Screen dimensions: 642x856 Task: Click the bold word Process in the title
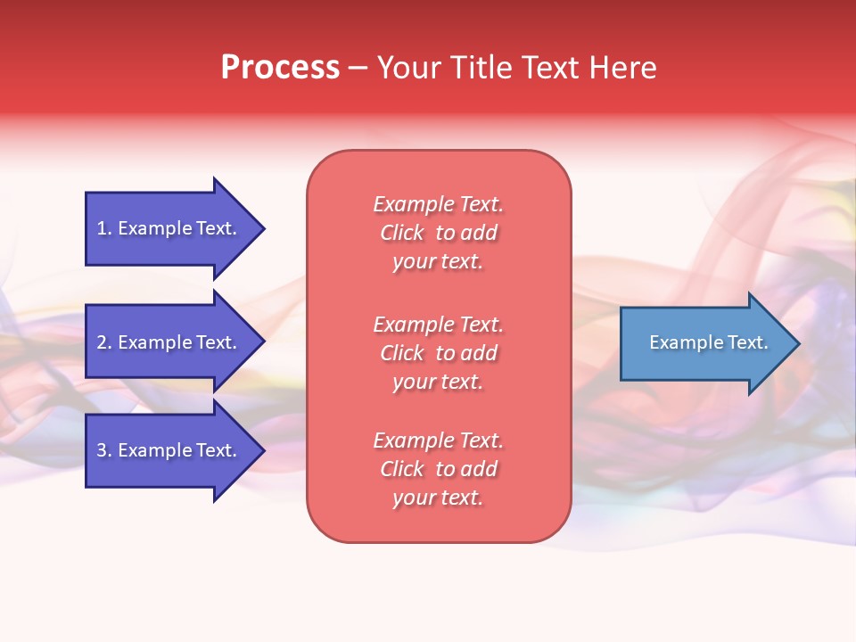click(280, 68)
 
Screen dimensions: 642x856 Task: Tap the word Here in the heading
click(622, 68)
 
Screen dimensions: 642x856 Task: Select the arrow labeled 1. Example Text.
click(169, 228)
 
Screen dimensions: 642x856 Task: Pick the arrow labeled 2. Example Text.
click(169, 342)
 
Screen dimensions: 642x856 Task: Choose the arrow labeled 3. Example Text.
click(169, 450)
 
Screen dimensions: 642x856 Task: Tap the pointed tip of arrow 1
click(262, 228)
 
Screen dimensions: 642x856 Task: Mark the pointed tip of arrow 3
click(262, 450)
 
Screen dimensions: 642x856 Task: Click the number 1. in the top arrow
click(104, 228)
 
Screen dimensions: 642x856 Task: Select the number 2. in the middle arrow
click(104, 342)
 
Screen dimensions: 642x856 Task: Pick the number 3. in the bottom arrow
click(104, 450)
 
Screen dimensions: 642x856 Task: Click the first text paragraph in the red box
click(438, 233)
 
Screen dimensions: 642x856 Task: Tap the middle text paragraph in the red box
click(438, 353)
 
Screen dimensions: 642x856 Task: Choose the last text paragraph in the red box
click(438, 469)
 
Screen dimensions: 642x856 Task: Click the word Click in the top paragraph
click(402, 233)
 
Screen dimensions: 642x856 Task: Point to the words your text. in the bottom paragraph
click(438, 498)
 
